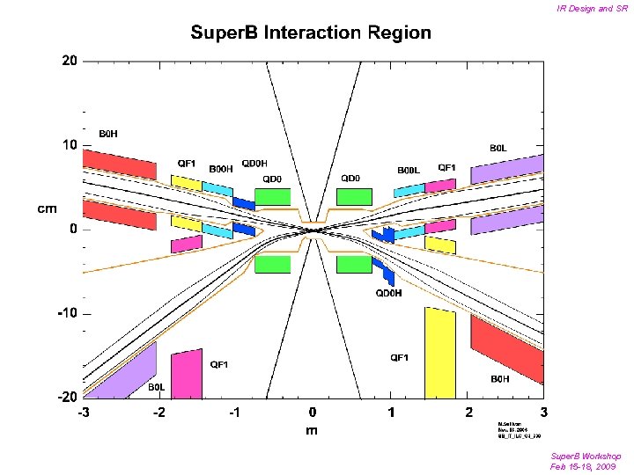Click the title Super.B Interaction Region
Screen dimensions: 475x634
tap(312, 33)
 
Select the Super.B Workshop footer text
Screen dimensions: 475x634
tap(586, 456)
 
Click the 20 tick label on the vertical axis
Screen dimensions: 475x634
tap(69, 61)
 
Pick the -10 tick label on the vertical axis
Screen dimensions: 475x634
tap(65, 313)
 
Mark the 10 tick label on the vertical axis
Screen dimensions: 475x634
tap(69, 145)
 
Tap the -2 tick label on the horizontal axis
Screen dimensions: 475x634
tap(158, 412)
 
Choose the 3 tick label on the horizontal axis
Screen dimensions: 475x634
tap(544, 412)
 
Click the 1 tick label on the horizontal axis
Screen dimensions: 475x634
tap(391, 412)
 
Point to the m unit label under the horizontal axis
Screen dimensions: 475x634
tap(312, 430)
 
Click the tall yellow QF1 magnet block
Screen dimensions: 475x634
tap(440, 353)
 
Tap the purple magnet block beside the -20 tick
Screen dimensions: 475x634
tap(122, 369)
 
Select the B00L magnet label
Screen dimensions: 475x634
tap(409, 170)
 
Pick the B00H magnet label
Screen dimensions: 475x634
tap(221, 168)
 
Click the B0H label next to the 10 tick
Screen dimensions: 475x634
tap(108, 134)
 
